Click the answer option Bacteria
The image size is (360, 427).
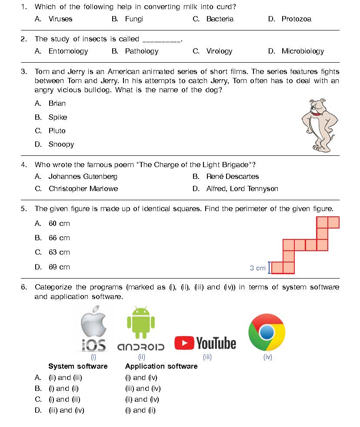[220, 19]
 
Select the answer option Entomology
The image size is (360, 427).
[68, 51]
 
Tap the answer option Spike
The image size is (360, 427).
[57, 117]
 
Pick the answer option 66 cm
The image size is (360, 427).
[59, 238]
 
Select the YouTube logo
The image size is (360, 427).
[205, 343]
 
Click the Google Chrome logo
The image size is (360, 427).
[267, 332]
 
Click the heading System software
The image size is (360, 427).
[78, 366]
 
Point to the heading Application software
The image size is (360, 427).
[161, 366]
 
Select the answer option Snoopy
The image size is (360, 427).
[61, 145]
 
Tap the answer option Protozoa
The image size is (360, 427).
[296, 19]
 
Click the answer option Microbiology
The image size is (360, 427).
[303, 51]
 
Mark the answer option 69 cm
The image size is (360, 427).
[59, 267]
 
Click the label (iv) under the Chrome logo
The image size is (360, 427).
[267, 357]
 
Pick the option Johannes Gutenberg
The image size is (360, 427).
[83, 177]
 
